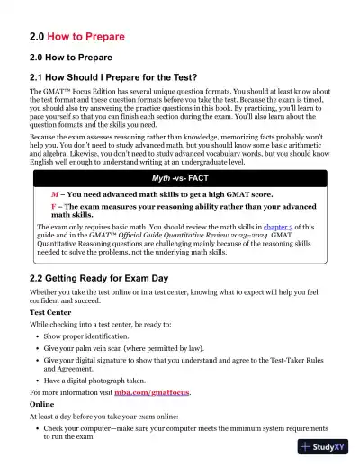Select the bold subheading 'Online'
click(x=42, y=404)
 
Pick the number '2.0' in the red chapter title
click(x=40, y=37)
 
